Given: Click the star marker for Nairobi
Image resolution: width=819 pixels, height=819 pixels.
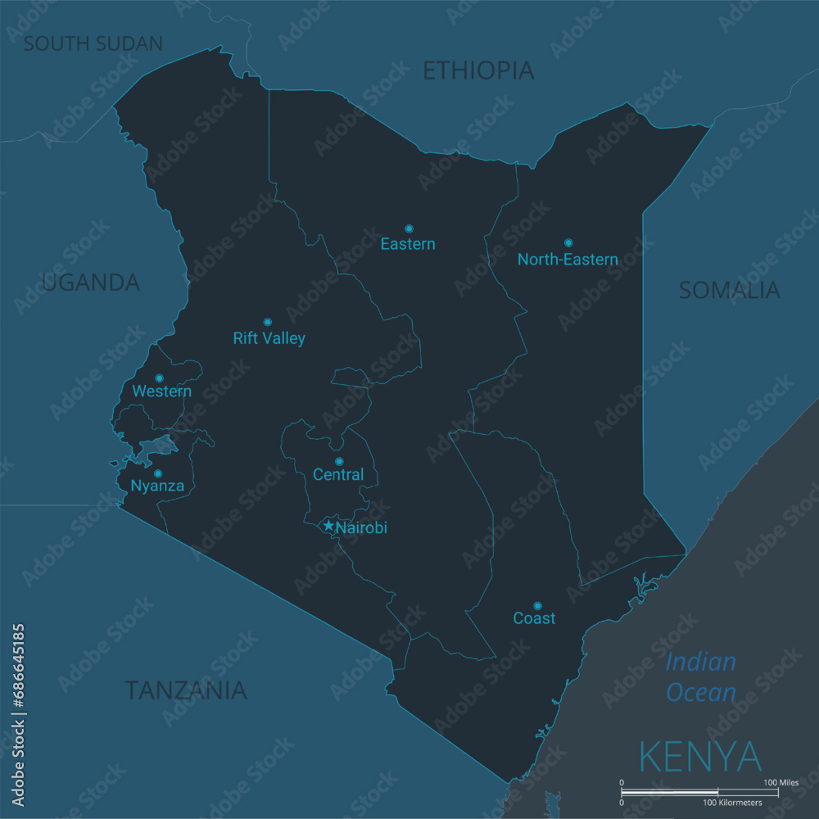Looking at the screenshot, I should (x=329, y=525).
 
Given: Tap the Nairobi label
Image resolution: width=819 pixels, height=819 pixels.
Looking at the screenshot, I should (x=361, y=528).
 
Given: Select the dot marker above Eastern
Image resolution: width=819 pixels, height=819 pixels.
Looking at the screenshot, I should (x=409, y=229).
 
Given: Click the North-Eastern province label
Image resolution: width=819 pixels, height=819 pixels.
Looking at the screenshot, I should (x=568, y=260).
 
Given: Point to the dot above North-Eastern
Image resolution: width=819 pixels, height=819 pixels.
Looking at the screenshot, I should (x=568, y=242).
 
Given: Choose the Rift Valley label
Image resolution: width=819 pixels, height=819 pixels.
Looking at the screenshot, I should (x=269, y=338).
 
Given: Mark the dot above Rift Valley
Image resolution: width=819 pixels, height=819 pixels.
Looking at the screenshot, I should (x=267, y=322).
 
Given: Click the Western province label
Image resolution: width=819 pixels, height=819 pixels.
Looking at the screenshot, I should (x=162, y=391).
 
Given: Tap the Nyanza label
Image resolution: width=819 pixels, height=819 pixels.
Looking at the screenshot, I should (x=157, y=486).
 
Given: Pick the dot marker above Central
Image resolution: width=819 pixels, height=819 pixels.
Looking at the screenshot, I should (x=339, y=461).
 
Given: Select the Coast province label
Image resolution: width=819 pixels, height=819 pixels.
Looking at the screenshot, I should (x=534, y=618).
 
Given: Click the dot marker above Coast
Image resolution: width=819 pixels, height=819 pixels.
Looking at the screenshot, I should (x=537, y=606).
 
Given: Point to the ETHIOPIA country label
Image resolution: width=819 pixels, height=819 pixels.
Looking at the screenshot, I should (x=478, y=71).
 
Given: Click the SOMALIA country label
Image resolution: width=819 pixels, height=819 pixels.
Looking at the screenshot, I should (x=729, y=290).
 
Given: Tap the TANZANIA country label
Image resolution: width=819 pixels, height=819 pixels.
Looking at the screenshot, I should (x=185, y=690).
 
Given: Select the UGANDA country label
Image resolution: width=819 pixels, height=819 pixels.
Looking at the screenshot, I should (x=90, y=283).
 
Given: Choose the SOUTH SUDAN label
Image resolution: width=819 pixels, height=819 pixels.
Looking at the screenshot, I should (x=93, y=43).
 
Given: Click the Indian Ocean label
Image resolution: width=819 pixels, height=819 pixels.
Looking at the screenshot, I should (x=700, y=677).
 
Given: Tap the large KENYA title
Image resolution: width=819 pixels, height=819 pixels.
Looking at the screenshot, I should (x=699, y=757).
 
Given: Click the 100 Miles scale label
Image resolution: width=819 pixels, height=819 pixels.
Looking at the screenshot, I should (x=781, y=783).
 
